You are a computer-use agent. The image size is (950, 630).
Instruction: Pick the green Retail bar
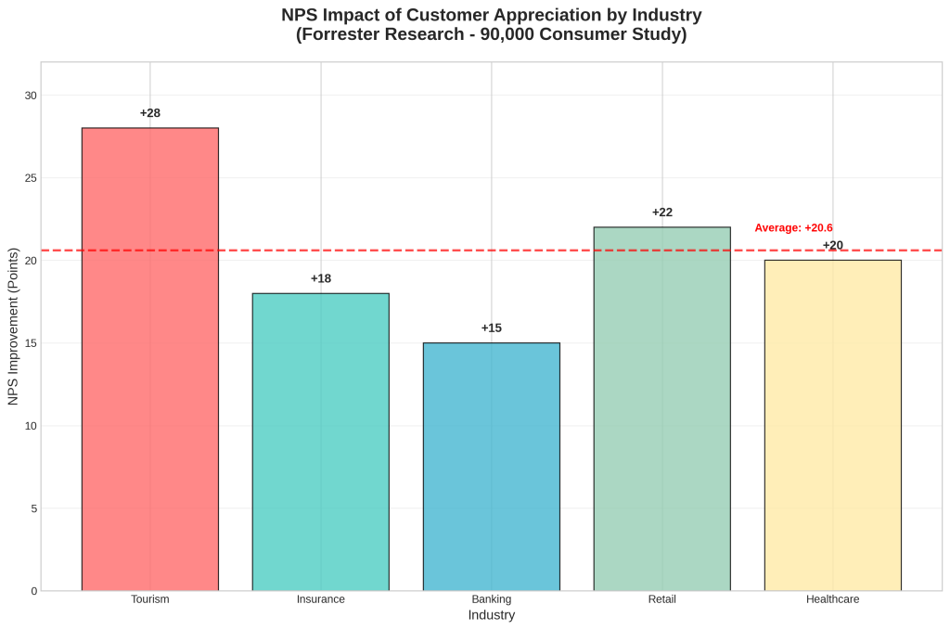[662, 408]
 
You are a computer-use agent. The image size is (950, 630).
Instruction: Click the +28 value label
[150, 113]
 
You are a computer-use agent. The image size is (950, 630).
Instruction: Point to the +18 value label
[321, 278]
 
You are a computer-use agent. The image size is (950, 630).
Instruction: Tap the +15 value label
[492, 328]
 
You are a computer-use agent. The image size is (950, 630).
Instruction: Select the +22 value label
[662, 212]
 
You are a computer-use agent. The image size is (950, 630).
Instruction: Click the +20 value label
[833, 245]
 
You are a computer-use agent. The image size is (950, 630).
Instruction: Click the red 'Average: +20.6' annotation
[793, 227]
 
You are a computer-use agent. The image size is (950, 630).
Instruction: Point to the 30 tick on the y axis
[32, 96]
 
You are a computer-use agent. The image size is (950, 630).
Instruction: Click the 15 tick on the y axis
[32, 343]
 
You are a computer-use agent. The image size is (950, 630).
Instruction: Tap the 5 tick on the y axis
[34, 508]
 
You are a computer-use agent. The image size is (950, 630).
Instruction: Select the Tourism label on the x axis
[150, 599]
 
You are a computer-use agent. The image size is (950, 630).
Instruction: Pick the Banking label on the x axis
[492, 599]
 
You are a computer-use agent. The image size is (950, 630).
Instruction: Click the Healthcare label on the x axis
[833, 599]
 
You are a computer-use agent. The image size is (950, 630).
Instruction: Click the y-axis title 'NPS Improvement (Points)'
[13, 327]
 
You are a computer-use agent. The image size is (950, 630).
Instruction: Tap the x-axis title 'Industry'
[492, 615]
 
